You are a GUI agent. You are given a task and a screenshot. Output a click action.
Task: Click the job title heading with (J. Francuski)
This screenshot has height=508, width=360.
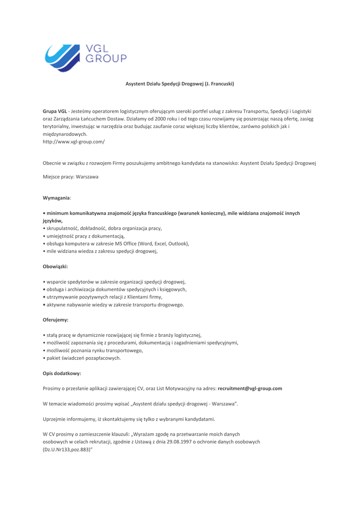coord(179,84)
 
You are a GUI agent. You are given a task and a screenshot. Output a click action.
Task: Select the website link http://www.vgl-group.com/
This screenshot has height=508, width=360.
coord(73,141)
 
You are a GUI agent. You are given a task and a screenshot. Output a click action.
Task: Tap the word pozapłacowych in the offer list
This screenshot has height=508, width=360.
coord(102,358)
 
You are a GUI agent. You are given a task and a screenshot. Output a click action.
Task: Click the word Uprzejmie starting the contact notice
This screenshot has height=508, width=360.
coord(57,419)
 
